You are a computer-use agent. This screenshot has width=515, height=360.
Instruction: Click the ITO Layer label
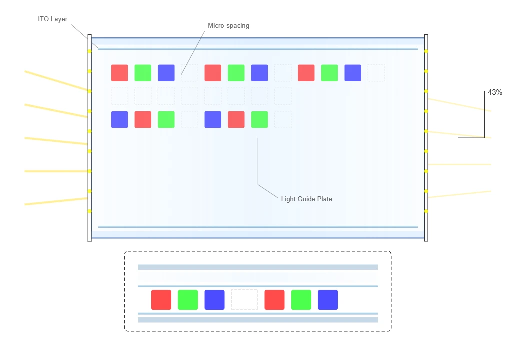[x=52, y=19]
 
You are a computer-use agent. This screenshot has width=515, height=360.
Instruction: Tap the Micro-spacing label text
[x=228, y=26]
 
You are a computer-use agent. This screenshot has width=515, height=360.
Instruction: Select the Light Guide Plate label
[x=306, y=199]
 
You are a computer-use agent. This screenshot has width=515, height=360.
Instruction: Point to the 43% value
[x=495, y=92]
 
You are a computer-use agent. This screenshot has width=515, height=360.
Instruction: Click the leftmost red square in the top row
[x=120, y=73]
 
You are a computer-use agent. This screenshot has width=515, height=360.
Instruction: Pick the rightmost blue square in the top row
[x=353, y=73]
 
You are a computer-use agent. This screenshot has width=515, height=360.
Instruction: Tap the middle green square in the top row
[x=236, y=73]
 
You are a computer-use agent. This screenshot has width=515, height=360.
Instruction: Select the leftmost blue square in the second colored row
[x=120, y=119]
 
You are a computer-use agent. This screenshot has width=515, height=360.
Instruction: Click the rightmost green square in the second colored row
[x=259, y=119]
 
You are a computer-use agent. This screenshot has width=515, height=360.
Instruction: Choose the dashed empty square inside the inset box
[x=244, y=300]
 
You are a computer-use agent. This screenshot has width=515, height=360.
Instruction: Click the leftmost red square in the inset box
[x=161, y=300]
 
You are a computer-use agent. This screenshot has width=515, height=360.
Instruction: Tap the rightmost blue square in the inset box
[x=328, y=300]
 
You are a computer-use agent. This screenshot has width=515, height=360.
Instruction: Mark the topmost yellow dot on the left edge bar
[x=89, y=51]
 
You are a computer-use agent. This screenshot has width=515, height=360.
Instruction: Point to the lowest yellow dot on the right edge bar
[x=426, y=211]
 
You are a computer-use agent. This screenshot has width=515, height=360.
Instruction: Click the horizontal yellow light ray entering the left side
[x=56, y=171]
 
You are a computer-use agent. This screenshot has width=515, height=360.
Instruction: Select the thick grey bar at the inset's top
[x=257, y=267]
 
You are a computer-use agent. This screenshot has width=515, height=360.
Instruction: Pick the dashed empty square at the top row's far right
[x=376, y=73]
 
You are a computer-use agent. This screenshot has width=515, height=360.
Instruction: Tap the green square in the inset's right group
[x=301, y=300]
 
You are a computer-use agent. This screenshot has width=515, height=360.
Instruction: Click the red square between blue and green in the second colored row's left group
[x=143, y=119]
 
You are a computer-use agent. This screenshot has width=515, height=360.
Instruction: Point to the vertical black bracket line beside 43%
[x=484, y=114]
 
